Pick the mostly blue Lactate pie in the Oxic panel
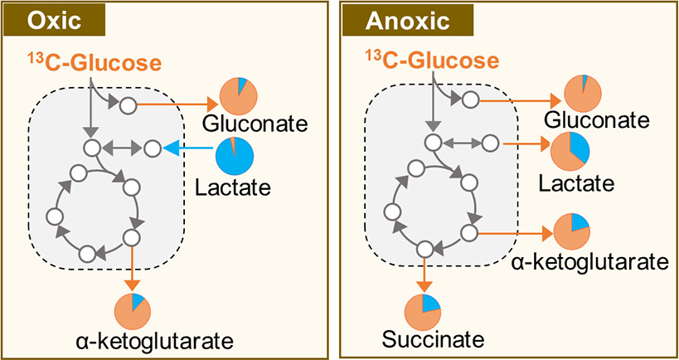[235, 155]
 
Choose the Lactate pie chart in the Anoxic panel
[570, 149]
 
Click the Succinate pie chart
[423, 313]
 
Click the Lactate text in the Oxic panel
[233, 187]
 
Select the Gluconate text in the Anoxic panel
[596, 120]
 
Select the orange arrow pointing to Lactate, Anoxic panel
[526, 144]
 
